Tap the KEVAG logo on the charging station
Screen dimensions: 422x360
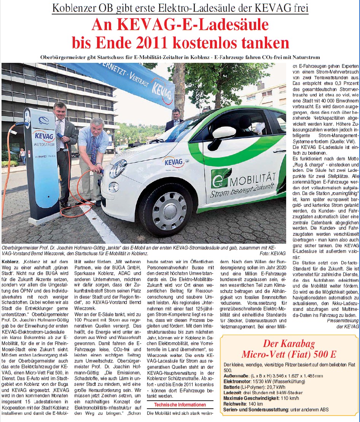tap(44, 136)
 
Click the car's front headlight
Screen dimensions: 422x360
tap(118, 168)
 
